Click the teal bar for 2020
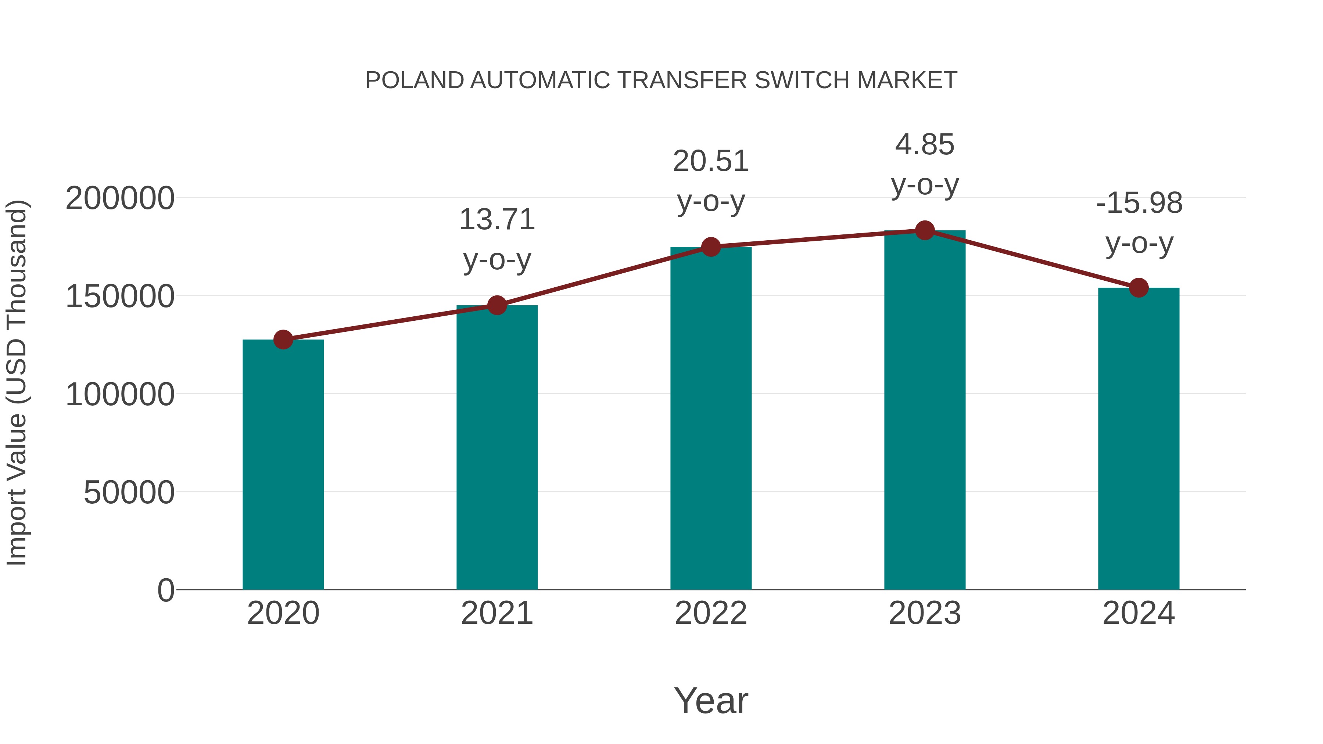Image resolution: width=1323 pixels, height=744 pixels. (283, 465)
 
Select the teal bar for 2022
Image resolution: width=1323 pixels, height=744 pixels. (711, 418)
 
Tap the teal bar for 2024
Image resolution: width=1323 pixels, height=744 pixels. (1139, 439)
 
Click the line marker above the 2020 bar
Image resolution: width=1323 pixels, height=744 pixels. (283, 339)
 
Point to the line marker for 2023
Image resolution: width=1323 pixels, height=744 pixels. (925, 230)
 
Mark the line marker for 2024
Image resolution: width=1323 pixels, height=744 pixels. (1139, 288)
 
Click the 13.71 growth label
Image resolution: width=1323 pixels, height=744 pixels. (496, 220)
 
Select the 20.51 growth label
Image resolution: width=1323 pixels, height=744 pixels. (711, 161)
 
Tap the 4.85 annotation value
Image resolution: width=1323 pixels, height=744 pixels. (925, 144)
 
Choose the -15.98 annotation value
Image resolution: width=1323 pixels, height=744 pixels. (1139, 203)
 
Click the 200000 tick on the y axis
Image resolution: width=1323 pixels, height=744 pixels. (120, 198)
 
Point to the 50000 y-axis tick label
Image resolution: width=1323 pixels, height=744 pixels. (129, 492)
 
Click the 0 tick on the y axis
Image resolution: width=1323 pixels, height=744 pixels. (165, 590)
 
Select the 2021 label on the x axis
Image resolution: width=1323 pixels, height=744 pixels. (496, 613)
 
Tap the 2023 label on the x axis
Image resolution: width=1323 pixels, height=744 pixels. (925, 613)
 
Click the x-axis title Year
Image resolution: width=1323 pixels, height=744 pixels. (711, 700)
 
